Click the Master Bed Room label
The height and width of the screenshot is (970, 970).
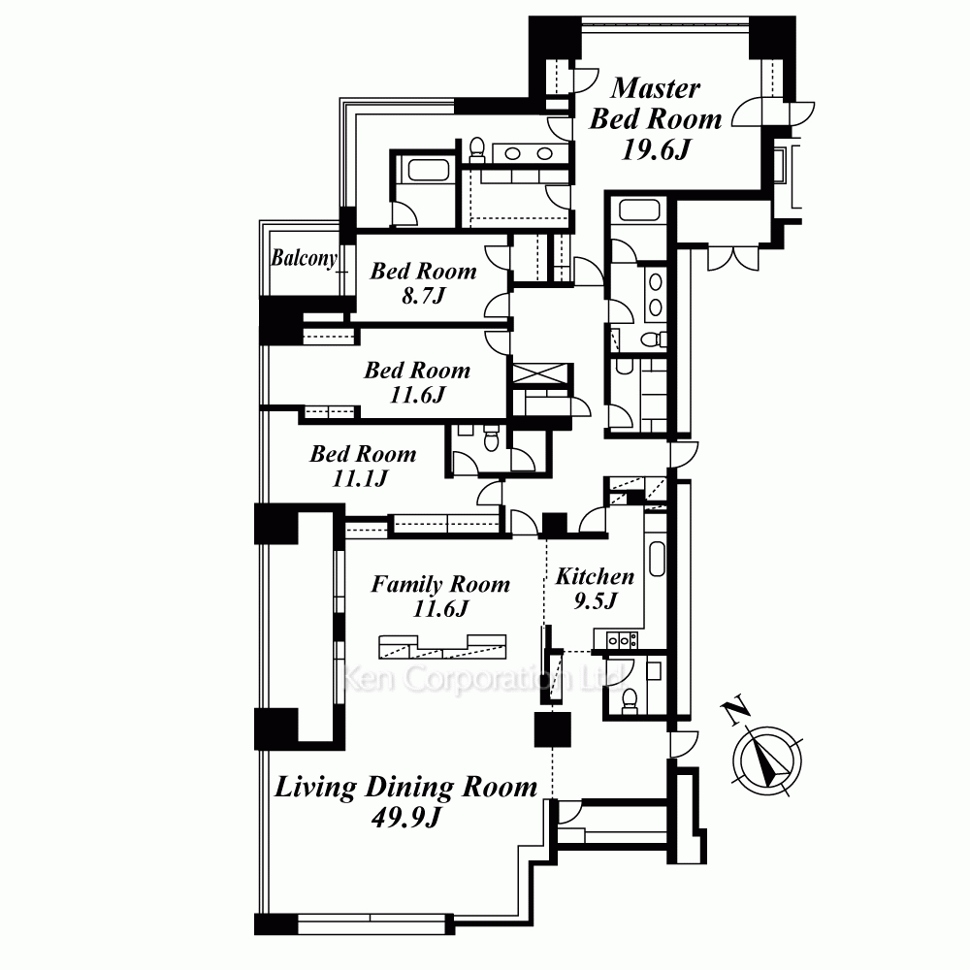point(656,104)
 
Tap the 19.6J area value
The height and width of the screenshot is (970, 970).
point(656,149)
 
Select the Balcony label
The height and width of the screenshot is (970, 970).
point(305,258)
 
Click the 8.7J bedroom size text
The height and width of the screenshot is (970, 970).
point(424,296)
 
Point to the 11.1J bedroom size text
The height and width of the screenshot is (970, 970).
point(361,478)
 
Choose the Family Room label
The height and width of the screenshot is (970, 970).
point(440,584)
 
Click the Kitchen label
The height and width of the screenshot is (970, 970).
point(595,576)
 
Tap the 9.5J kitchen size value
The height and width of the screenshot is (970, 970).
point(596,600)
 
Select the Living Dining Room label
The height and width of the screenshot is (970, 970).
point(405,788)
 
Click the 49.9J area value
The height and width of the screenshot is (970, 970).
point(405,818)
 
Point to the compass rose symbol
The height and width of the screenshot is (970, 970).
point(767,760)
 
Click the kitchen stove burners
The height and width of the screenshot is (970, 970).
point(622,639)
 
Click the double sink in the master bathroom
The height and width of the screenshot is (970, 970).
point(529,153)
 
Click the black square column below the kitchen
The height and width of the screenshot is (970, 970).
point(553,729)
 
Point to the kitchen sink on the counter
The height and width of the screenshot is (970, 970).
point(657,559)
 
